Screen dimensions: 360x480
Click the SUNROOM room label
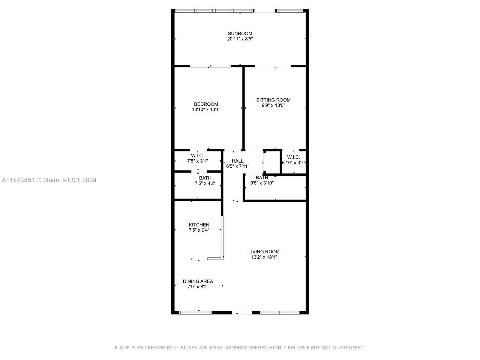tap(240, 33)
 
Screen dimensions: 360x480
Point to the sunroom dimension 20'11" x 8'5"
tap(240, 39)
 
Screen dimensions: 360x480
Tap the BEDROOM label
tap(206, 104)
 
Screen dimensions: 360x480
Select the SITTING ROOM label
tap(273, 100)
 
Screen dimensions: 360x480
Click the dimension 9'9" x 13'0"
tap(273, 105)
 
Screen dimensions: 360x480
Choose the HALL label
tap(238, 161)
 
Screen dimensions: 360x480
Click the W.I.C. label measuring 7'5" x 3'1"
tap(197, 155)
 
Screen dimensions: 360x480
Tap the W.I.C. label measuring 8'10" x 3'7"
tap(293, 157)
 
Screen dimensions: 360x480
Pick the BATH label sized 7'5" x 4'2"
tap(205, 178)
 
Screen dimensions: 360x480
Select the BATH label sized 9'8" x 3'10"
tap(262, 178)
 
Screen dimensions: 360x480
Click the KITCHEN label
tap(199, 225)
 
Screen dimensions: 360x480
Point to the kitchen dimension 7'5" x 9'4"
tap(199, 230)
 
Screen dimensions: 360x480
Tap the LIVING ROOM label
tap(264, 252)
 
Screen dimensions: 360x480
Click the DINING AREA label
tap(198, 281)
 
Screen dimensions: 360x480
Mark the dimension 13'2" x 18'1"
tap(264, 257)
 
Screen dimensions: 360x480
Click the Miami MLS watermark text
tap(49, 180)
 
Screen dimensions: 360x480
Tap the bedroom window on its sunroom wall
tap(210, 66)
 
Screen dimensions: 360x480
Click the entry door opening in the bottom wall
tap(242, 313)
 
